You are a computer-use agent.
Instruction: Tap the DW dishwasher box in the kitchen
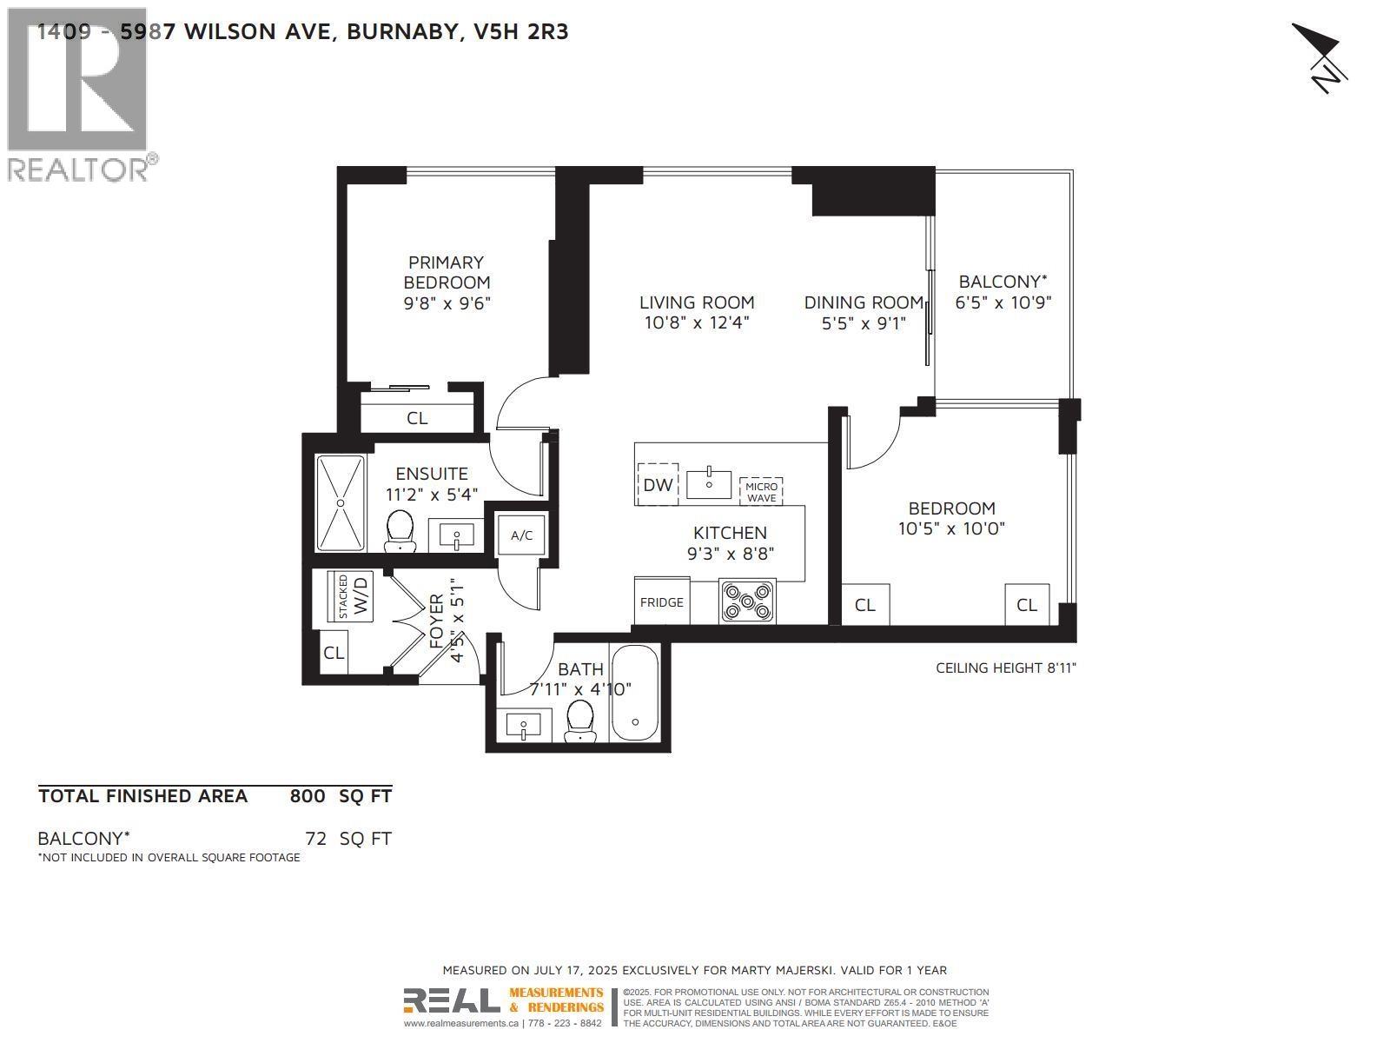tap(658, 484)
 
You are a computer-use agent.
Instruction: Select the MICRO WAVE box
tap(761, 492)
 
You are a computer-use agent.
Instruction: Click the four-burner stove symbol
tap(748, 601)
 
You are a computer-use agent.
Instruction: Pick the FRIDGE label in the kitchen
tap(662, 601)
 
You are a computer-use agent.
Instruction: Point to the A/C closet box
tap(521, 535)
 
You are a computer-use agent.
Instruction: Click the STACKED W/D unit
tap(351, 596)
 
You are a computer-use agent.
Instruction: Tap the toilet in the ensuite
tap(400, 530)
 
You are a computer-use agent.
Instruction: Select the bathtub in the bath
tap(636, 693)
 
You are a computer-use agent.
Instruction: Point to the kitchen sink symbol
tap(709, 483)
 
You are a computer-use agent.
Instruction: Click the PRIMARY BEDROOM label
tap(447, 272)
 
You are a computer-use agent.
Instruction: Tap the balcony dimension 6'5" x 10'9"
tap(1003, 302)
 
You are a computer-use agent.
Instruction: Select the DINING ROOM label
tap(863, 302)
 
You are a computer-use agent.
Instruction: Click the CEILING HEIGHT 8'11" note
tap(1006, 668)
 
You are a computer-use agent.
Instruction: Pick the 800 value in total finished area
tap(308, 796)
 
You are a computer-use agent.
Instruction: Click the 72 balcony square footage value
tap(315, 839)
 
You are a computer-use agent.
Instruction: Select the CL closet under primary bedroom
tap(417, 418)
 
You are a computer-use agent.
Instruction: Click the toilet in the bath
tap(579, 721)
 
